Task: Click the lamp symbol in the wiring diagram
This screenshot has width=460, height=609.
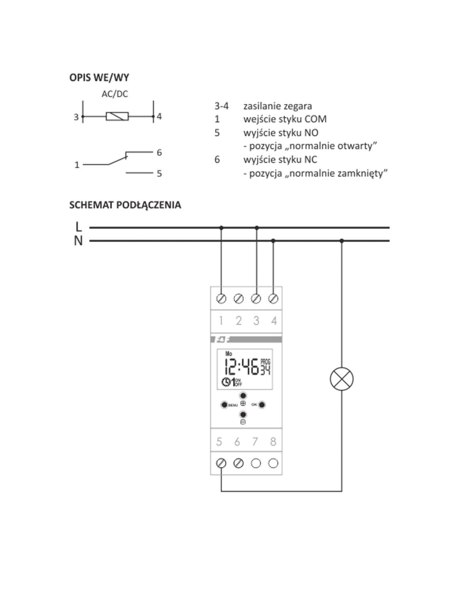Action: click(x=341, y=379)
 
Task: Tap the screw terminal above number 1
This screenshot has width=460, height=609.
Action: click(x=221, y=299)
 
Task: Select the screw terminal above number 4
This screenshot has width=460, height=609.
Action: click(x=273, y=299)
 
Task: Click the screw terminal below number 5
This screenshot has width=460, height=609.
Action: click(x=221, y=463)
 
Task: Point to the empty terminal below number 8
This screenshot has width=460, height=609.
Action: click(x=273, y=463)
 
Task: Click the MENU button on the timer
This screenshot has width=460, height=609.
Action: click(x=224, y=405)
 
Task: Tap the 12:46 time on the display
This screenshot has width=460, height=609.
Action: click(x=241, y=367)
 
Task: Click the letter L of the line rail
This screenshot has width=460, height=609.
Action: click(x=78, y=227)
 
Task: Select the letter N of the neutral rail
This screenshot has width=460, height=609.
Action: click(x=78, y=241)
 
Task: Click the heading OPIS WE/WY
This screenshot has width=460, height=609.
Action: click(x=99, y=77)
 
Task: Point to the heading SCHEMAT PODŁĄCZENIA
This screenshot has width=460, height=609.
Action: click(x=125, y=205)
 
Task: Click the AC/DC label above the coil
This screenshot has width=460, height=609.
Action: click(x=115, y=94)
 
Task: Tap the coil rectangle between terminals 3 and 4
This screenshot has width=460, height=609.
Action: click(x=117, y=117)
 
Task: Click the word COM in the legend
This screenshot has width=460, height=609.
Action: click(x=315, y=119)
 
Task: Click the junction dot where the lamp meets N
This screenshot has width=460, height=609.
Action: click(x=341, y=241)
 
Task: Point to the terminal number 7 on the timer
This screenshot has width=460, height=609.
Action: click(x=255, y=442)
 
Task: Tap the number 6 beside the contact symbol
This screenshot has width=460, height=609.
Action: click(x=159, y=152)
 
